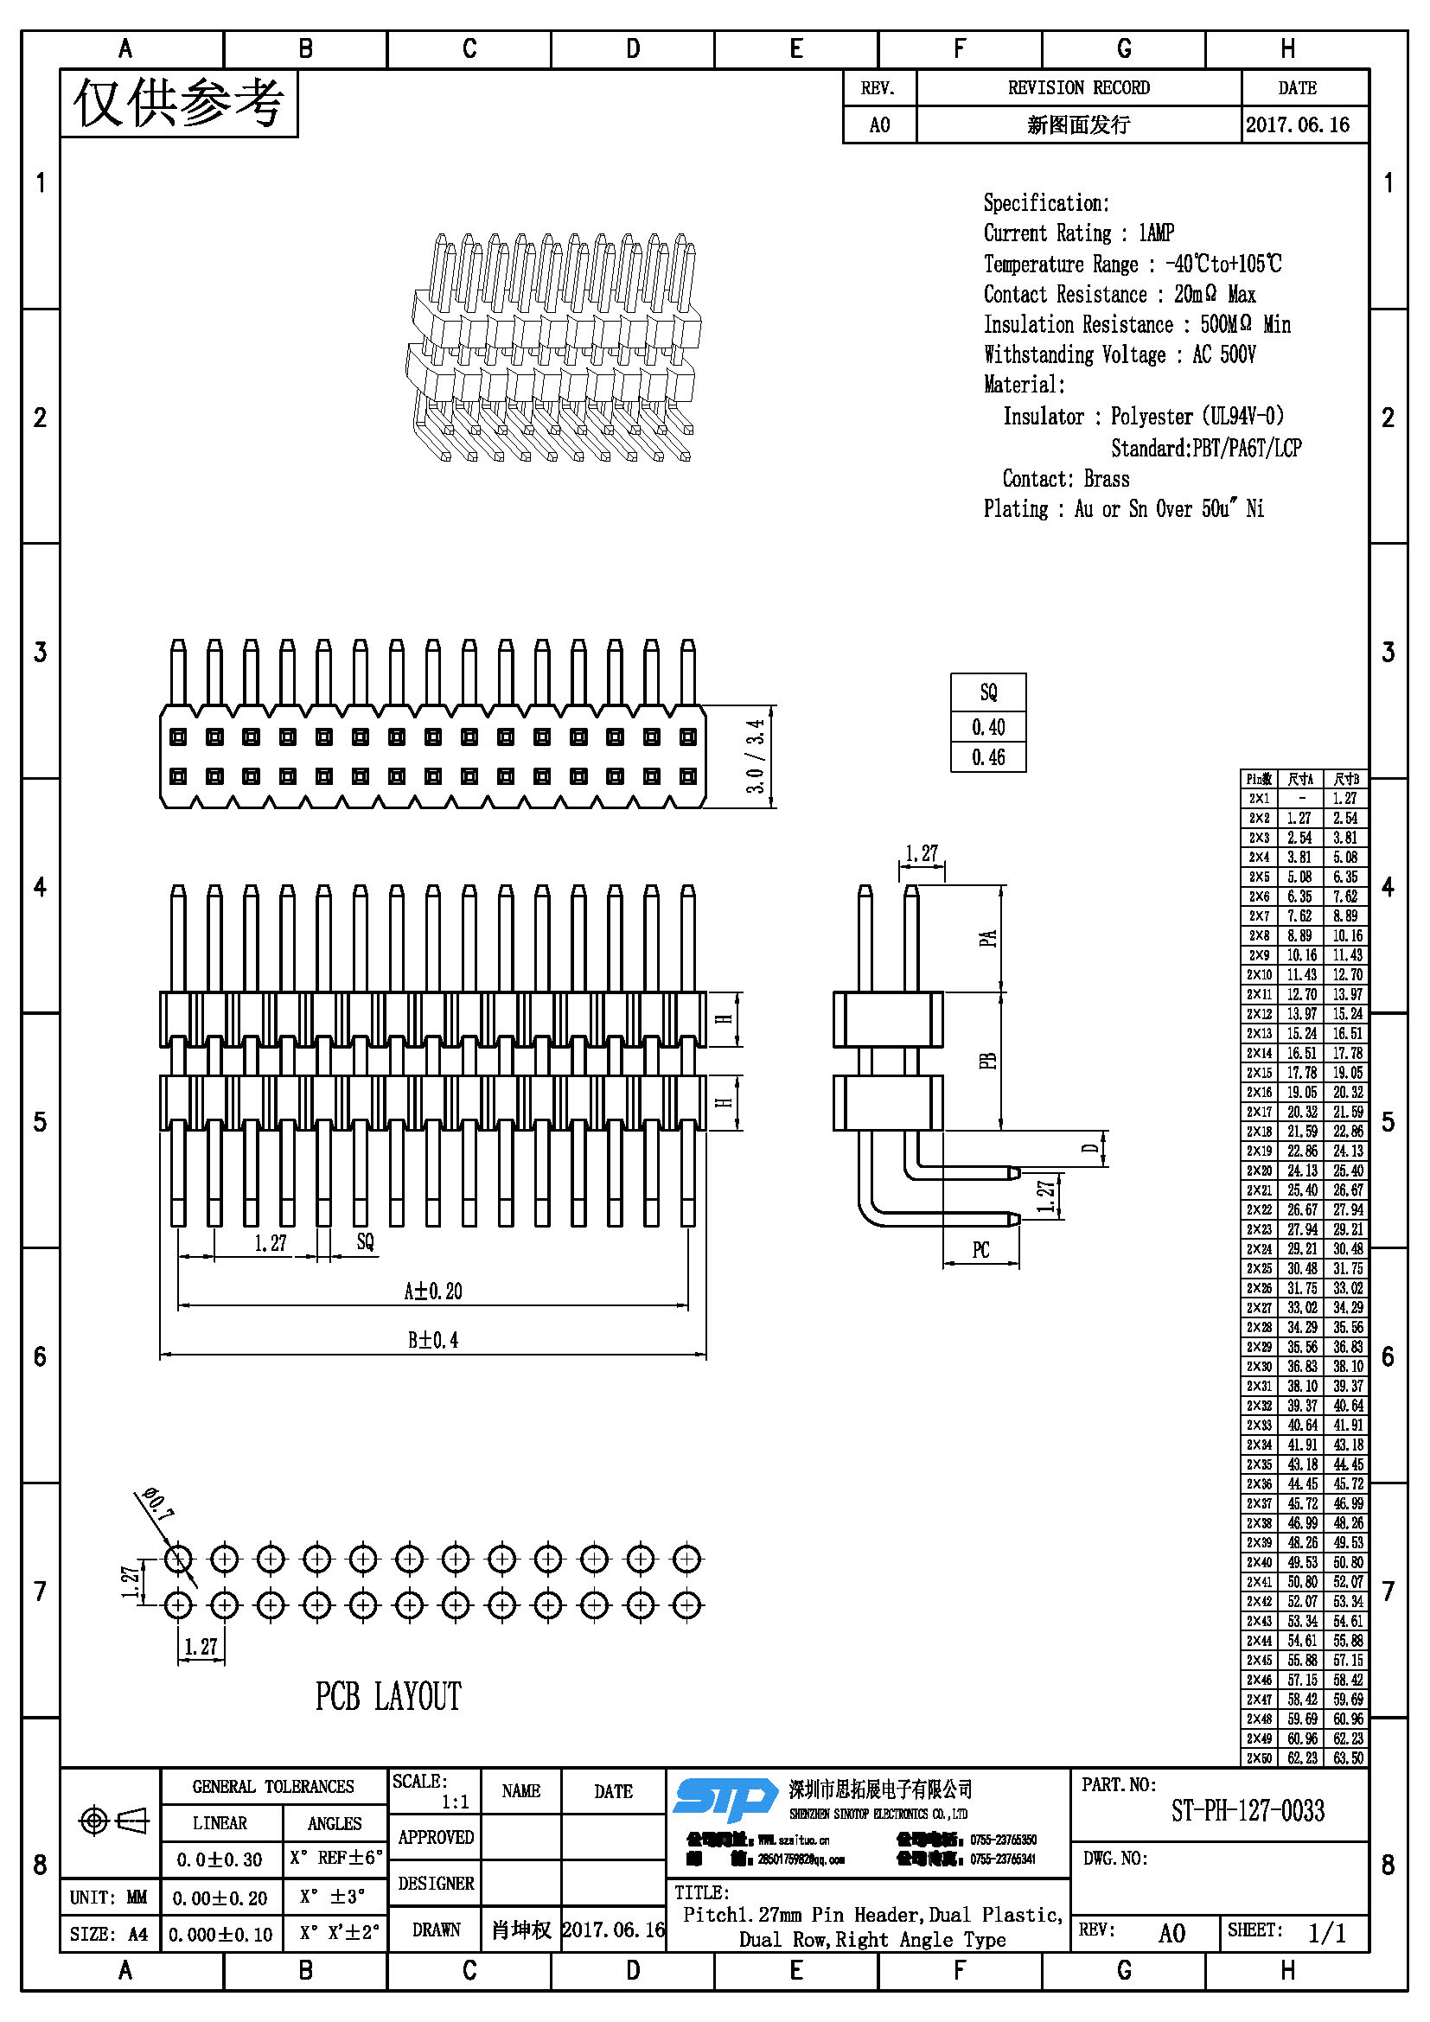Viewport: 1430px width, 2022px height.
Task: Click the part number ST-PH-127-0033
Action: (1247, 1811)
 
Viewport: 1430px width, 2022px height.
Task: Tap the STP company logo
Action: (724, 1798)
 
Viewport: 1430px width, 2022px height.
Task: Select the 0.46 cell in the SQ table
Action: (988, 757)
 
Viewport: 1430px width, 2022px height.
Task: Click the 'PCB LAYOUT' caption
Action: (387, 1696)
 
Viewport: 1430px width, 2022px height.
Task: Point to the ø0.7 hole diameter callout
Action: (157, 1504)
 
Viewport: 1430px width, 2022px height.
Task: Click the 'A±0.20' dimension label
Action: (432, 1291)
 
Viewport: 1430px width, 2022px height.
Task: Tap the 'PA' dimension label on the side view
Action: (988, 938)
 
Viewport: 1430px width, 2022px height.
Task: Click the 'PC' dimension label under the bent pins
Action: (981, 1250)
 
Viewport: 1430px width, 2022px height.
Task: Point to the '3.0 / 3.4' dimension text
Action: (755, 756)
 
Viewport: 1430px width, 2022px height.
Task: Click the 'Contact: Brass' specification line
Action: (1065, 479)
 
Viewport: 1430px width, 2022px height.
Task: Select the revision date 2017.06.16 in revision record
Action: (1297, 125)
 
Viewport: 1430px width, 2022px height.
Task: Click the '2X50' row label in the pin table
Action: (1259, 1757)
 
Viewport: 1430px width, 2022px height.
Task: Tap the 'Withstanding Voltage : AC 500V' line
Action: (1119, 355)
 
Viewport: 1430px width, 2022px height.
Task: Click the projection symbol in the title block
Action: (112, 1821)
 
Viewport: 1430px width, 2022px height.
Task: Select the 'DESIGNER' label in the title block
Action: (436, 1883)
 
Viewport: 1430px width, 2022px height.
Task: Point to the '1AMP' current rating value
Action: (1156, 233)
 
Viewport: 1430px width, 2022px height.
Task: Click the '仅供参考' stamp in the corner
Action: (179, 104)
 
